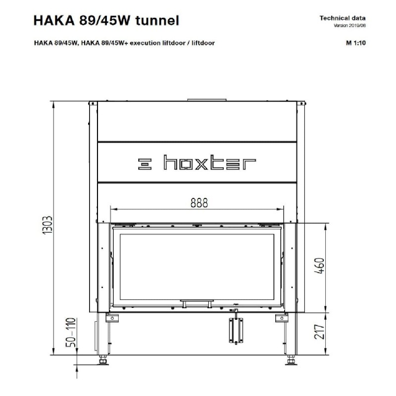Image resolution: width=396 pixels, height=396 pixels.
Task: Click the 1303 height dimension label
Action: click(x=48, y=225)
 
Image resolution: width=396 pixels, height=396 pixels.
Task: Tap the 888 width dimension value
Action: click(x=199, y=203)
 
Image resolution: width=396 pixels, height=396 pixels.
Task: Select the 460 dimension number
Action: click(x=319, y=266)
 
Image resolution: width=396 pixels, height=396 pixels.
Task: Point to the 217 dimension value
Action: click(x=319, y=332)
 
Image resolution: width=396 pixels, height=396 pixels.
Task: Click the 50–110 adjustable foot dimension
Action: click(x=71, y=332)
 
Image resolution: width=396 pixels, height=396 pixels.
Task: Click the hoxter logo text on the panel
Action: click(x=209, y=162)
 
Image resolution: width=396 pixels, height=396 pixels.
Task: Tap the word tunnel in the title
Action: click(x=157, y=20)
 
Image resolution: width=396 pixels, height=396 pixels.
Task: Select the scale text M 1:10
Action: click(x=355, y=43)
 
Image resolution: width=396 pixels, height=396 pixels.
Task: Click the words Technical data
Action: click(x=343, y=18)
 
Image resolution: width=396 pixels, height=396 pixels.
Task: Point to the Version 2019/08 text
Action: click(x=349, y=26)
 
